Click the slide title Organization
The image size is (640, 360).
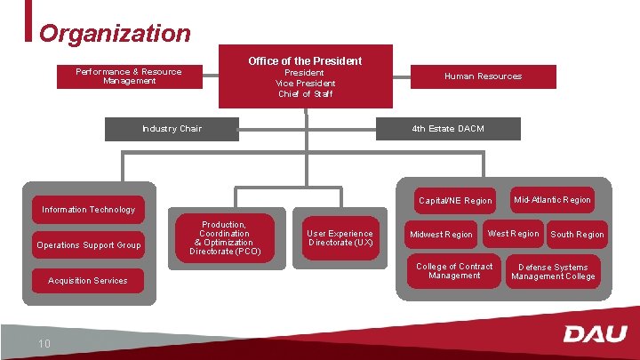coord(115,34)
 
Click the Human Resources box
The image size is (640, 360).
coord(483,76)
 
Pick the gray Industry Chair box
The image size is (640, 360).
coord(172,129)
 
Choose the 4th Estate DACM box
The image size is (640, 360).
coord(448,129)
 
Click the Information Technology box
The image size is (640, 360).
coord(89,210)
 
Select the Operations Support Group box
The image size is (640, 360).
coord(89,245)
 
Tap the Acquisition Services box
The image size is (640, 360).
coord(87,281)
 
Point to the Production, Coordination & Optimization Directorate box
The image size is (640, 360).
coord(224,238)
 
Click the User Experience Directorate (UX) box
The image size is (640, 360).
coord(340,238)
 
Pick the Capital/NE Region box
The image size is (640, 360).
coord(455,201)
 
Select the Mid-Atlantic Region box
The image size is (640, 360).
coord(551,200)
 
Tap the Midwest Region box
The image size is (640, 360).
coord(441,235)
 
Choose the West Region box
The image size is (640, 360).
coord(513,234)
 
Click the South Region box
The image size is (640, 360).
coord(577,235)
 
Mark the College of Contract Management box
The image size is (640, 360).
coord(454,271)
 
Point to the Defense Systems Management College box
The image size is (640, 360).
coord(553,272)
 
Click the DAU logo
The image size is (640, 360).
coord(595,334)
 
